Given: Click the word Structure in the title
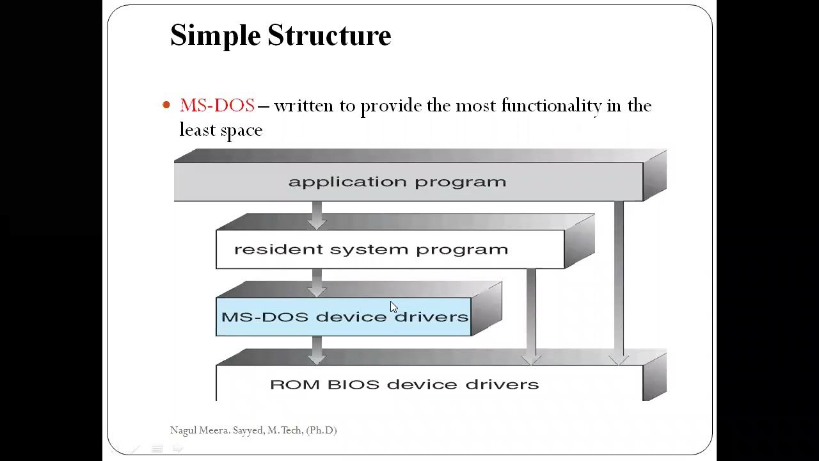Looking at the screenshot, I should pyautogui.click(x=329, y=36).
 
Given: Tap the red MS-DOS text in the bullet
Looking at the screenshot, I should pyautogui.click(x=217, y=106).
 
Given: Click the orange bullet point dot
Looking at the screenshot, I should pyautogui.click(x=167, y=105).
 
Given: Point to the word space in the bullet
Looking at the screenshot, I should pyautogui.click(x=241, y=131).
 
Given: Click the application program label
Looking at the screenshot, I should pyautogui.click(x=397, y=182).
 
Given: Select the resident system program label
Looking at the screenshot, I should pyautogui.click(x=370, y=249).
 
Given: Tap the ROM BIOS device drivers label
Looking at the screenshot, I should pyautogui.click(x=404, y=384).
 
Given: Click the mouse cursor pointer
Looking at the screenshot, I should pyautogui.click(x=394, y=307).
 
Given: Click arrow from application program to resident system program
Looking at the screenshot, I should pyautogui.click(x=317, y=215).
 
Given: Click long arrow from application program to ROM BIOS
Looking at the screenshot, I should pyautogui.click(x=618, y=282).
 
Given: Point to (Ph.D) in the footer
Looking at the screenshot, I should pyautogui.click(x=321, y=430).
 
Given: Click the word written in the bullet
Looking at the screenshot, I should pyautogui.click(x=304, y=106).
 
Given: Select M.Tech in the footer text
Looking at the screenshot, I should pyautogui.click(x=285, y=430).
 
